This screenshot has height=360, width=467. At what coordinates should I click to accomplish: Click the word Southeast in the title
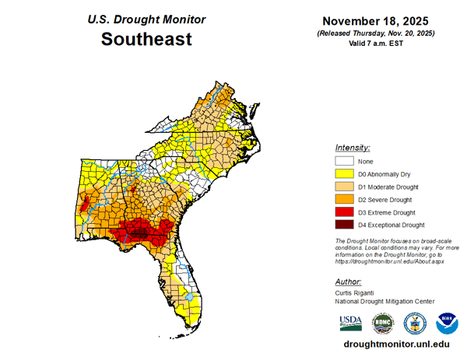pyautogui.click(x=146, y=39)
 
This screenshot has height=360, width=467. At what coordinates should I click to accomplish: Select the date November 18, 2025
pyautogui.click(x=376, y=21)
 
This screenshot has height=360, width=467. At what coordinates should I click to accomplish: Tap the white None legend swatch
pyautogui.click(x=345, y=161)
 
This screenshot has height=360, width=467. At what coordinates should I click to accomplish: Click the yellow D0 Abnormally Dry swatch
pyautogui.click(x=345, y=174)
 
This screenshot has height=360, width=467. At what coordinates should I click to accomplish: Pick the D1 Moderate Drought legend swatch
pyautogui.click(x=345, y=187)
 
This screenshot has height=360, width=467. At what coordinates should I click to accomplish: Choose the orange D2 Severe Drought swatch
pyautogui.click(x=345, y=199)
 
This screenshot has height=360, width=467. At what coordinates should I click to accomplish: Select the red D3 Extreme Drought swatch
pyautogui.click(x=345, y=211)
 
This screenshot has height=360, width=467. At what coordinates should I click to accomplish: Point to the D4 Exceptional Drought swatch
pyautogui.click(x=345, y=225)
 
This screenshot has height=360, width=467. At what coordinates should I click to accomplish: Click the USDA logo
pyautogui.click(x=350, y=323)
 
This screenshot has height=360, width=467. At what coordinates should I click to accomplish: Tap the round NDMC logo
pyautogui.click(x=383, y=323)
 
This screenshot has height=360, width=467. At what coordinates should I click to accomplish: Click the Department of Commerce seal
pyautogui.click(x=415, y=323)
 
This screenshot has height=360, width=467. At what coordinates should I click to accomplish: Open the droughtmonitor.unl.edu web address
pyautogui.click(x=396, y=344)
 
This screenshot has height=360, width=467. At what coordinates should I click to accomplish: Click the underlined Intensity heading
pyautogui.click(x=352, y=147)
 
